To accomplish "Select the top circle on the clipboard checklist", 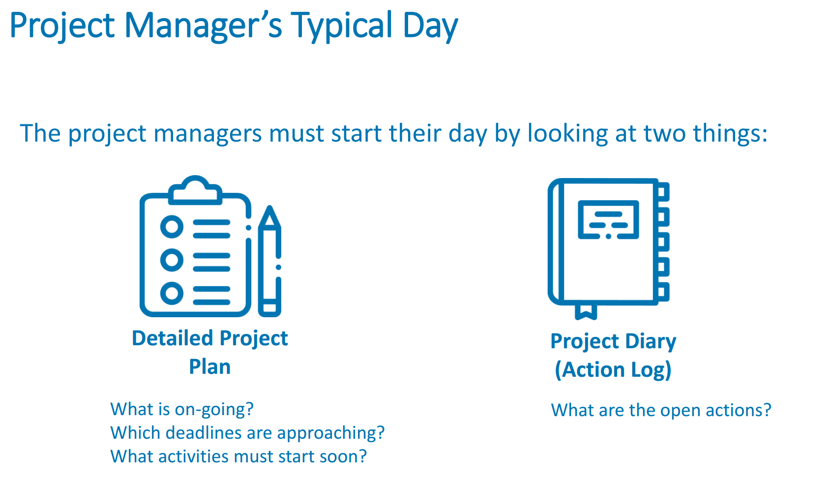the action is pos(172,226).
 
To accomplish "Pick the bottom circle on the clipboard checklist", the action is pos(172,293).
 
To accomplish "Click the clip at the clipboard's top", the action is pos(195,190).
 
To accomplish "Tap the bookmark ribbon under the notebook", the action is pos(586,312).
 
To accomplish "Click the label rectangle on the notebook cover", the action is pos(608,220).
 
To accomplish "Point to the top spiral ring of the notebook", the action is pos(663,192).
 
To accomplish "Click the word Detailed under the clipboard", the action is pos(172,338).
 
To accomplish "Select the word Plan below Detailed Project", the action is pos(210,367).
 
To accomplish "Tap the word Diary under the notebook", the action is pos(651,342).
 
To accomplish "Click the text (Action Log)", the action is pos(613,369).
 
